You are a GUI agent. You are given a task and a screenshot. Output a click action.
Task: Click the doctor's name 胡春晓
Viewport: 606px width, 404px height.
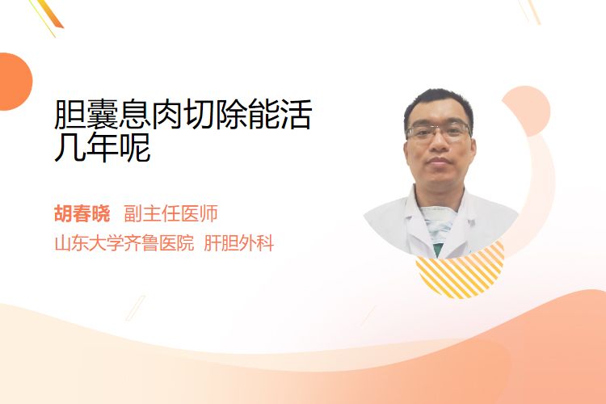pos(82,213)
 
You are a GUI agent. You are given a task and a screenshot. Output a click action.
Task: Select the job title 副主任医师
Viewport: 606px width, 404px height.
pos(170,213)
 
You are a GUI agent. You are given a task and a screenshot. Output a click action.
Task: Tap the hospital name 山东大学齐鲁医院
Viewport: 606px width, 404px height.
pos(124,243)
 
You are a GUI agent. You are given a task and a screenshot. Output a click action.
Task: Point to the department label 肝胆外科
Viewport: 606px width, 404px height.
pos(239,243)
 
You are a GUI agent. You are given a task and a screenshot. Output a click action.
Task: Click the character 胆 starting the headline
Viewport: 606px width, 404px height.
pos(70,115)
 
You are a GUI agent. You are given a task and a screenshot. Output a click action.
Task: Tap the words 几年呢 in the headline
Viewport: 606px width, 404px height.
pos(103,147)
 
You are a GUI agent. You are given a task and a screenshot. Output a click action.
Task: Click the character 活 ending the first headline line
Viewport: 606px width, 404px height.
pos(296,115)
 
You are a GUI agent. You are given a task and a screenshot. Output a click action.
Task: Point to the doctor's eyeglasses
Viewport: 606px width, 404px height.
pos(438,132)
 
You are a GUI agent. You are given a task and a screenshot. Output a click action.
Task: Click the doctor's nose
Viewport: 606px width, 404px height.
pos(438,142)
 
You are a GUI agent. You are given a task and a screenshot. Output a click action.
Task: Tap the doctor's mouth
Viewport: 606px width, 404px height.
pos(439,161)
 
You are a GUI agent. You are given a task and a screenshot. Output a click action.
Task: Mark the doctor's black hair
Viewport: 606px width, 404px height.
pos(438,104)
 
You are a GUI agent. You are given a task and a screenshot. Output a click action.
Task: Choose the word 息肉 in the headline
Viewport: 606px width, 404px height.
pos(151,115)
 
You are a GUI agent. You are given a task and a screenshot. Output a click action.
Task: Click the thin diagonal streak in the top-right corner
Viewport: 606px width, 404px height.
pos(530,11)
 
